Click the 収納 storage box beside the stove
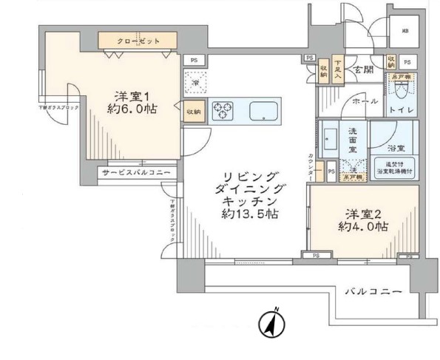(x=193, y=111)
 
